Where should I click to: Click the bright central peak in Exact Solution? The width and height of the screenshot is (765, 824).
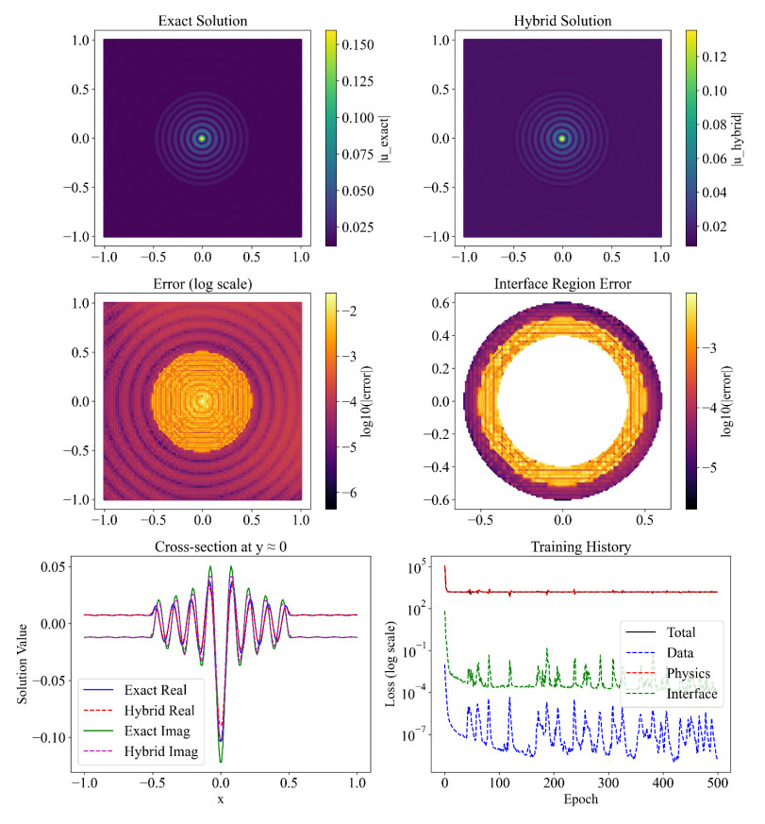pos(202,139)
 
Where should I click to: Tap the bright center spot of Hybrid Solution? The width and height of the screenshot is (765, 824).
pos(562,139)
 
